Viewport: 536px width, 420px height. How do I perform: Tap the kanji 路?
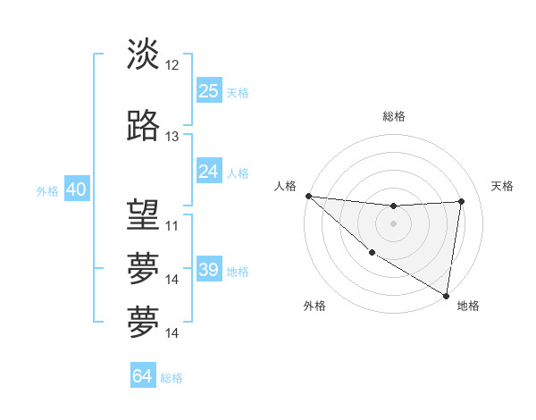click(143, 126)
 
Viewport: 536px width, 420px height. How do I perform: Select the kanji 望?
click(143, 214)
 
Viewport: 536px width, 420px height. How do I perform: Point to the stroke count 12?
click(172, 64)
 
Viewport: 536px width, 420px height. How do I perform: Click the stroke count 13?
click(172, 137)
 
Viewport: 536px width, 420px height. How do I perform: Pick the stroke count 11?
click(172, 225)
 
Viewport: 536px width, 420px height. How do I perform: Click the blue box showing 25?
click(209, 90)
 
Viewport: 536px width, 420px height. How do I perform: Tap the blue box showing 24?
click(209, 171)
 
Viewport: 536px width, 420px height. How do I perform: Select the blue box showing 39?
click(209, 270)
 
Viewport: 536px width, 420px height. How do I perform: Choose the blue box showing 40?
click(76, 189)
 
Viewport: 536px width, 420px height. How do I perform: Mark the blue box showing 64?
click(143, 376)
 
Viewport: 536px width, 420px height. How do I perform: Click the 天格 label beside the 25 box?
click(238, 92)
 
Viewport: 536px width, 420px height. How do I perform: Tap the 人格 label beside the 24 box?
click(238, 172)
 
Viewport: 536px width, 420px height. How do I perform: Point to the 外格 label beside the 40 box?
click(47, 191)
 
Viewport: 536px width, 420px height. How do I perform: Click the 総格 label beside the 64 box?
click(172, 378)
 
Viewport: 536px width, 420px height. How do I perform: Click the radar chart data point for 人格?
click(308, 196)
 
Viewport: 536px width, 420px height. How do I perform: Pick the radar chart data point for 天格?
click(462, 201)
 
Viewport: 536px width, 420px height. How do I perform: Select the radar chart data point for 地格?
click(446, 295)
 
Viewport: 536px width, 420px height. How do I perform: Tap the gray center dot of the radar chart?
click(393, 223)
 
